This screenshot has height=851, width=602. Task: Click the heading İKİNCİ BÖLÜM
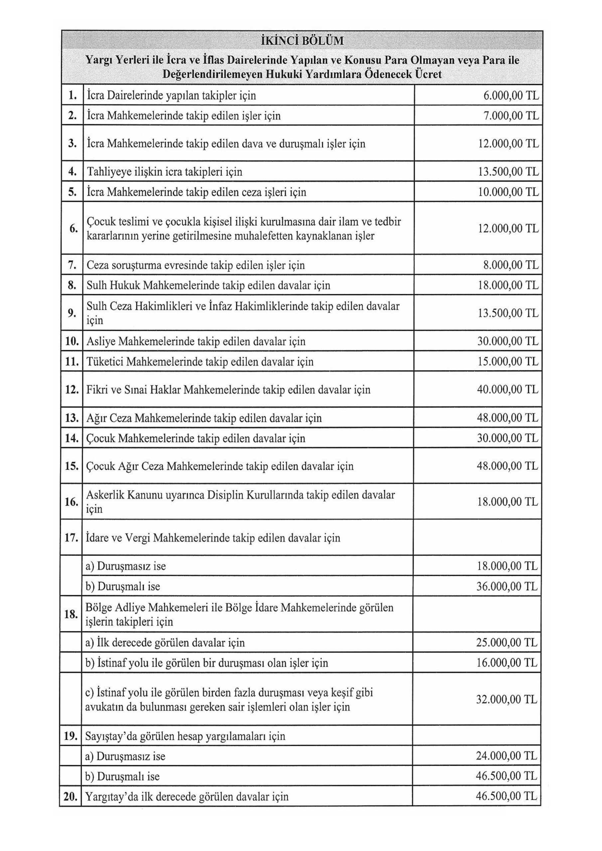(x=302, y=41)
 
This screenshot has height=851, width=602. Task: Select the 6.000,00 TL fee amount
(x=511, y=96)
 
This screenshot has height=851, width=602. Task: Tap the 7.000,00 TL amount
(x=511, y=116)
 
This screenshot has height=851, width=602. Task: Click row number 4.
(x=72, y=172)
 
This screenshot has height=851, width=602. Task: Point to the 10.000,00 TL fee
(x=508, y=192)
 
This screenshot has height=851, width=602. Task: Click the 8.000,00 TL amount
(x=511, y=265)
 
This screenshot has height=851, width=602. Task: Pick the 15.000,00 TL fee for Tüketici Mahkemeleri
(x=508, y=361)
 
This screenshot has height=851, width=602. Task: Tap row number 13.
(x=71, y=418)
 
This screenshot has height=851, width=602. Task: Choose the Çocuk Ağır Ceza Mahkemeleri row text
(x=220, y=466)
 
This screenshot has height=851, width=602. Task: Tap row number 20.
(x=71, y=796)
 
